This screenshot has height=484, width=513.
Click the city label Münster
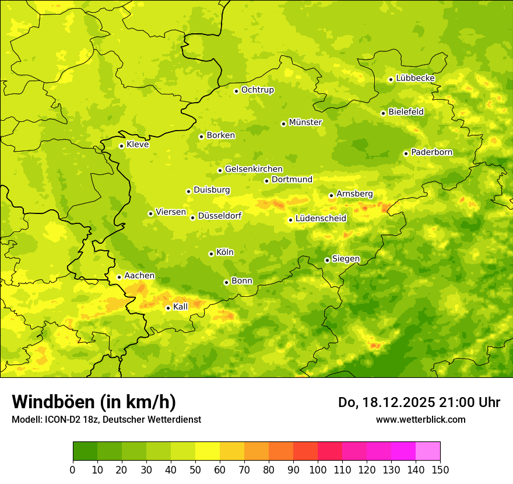(x=305, y=122)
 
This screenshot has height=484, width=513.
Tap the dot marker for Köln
(x=211, y=254)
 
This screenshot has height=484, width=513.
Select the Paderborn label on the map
(x=432, y=153)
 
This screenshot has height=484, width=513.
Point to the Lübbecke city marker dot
(x=391, y=79)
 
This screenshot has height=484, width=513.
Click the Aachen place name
(x=139, y=276)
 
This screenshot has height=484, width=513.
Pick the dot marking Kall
(x=168, y=308)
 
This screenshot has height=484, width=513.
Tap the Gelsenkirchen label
(x=254, y=169)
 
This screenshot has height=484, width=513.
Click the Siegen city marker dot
(x=327, y=260)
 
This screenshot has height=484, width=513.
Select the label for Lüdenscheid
(x=321, y=219)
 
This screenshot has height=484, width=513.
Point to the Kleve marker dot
(x=121, y=146)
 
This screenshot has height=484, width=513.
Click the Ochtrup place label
(x=258, y=90)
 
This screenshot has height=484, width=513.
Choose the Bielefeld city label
(x=406, y=112)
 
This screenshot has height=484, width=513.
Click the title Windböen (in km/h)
(x=94, y=402)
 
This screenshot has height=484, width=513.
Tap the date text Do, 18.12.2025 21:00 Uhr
(x=419, y=402)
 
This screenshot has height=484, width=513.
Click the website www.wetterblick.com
(x=420, y=419)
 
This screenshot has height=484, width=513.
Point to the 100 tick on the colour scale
(x=318, y=469)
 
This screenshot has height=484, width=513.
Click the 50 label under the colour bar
(x=195, y=469)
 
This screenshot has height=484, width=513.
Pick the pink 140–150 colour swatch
(x=428, y=451)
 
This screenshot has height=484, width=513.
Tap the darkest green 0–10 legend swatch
(x=85, y=451)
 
